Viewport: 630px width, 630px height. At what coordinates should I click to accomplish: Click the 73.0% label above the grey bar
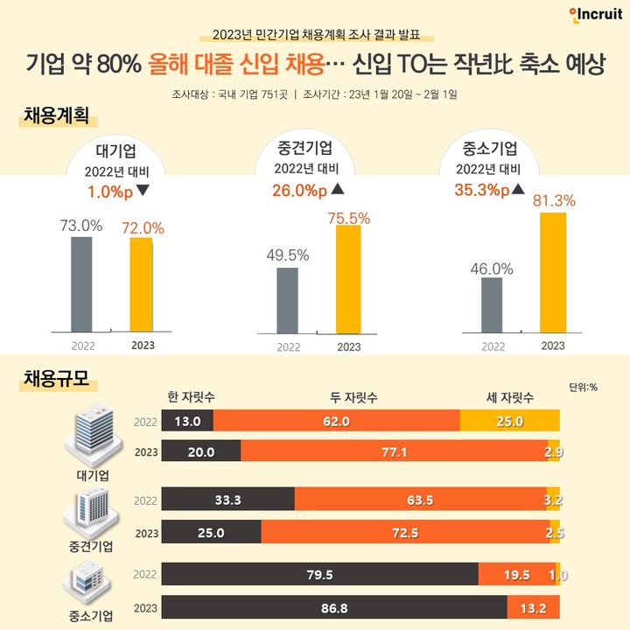pyautogui.click(x=80, y=225)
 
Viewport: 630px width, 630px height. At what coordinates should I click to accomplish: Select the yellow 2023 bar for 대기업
pyautogui.click(x=141, y=284)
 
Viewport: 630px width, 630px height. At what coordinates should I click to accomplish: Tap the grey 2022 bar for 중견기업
pyautogui.click(x=287, y=299)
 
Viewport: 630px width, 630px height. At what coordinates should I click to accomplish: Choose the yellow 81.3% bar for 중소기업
pyautogui.click(x=553, y=271)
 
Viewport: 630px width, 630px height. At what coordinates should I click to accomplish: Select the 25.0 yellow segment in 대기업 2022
pyautogui.click(x=509, y=421)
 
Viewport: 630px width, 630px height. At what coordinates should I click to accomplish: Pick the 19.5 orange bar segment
pyautogui.click(x=513, y=575)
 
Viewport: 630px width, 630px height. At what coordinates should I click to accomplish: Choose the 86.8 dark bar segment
pyautogui.click(x=334, y=606)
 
